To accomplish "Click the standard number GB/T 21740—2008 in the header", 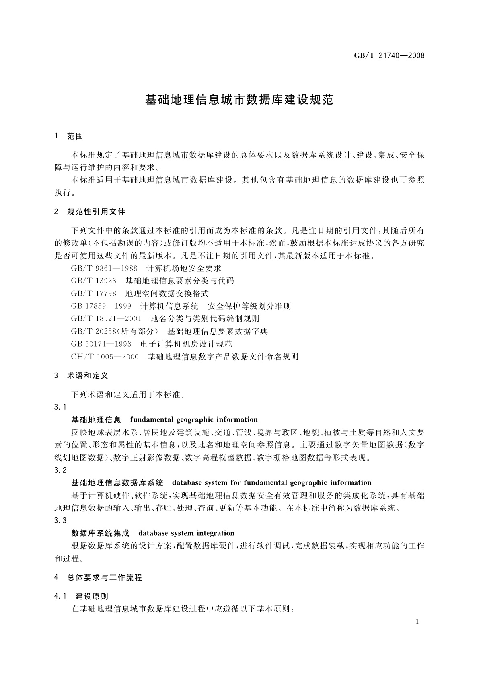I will (389, 56).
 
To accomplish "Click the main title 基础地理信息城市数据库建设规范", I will (239, 100).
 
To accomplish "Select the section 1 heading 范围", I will (75, 136).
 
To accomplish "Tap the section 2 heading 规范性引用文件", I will (96, 211).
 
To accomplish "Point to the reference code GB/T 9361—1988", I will (104, 268).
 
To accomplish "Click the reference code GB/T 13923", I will (94, 281).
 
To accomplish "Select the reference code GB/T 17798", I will (94, 293).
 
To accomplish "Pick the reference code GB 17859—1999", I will (101, 306).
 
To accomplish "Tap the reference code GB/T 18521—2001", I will (106, 319).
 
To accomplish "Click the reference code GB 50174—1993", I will (101, 344).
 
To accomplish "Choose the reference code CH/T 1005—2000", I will (105, 357).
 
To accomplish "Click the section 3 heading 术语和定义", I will (88, 376).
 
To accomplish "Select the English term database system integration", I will (186, 533).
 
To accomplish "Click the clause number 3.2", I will (60, 470).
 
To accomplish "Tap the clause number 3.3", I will (60, 521).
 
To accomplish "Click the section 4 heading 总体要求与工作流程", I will (105, 578).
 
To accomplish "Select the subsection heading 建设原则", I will (92, 597).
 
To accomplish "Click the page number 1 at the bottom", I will (417, 622).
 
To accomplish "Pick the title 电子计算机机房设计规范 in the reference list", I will (186, 344).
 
